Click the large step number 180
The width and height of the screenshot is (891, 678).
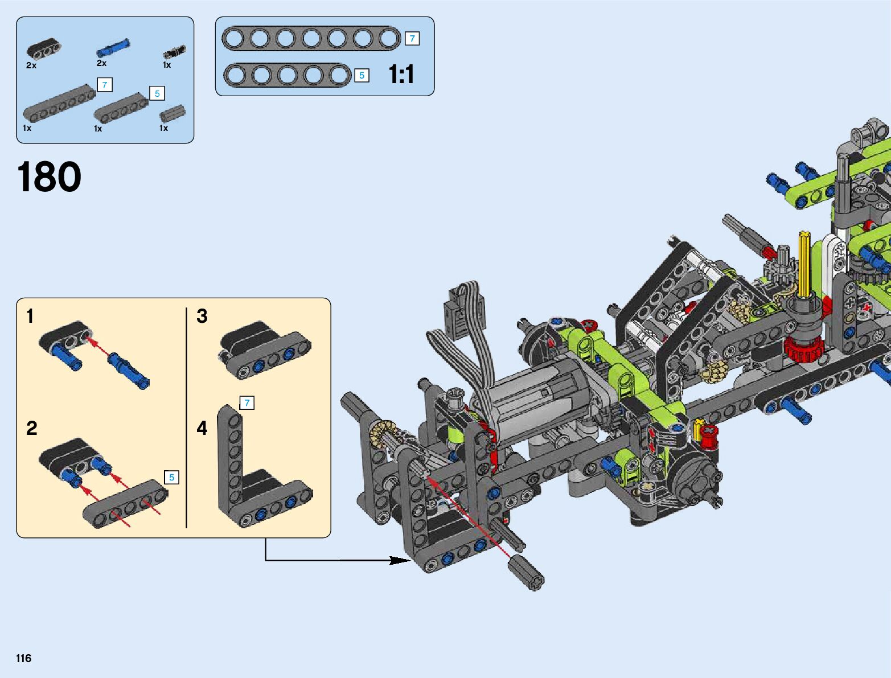pyautogui.click(x=49, y=177)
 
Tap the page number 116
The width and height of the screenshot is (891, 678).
pyautogui.click(x=23, y=658)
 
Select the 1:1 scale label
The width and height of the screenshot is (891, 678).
pyautogui.click(x=401, y=75)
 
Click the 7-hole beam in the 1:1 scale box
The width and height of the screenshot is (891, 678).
pyautogui.click(x=311, y=39)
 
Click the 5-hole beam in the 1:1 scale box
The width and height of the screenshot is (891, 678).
pyautogui.click(x=288, y=75)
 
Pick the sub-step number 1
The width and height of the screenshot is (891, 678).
pyautogui.click(x=30, y=316)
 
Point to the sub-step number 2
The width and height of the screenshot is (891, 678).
pyautogui.click(x=32, y=428)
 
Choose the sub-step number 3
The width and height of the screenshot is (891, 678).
pyautogui.click(x=202, y=316)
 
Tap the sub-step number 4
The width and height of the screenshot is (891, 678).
pyautogui.click(x=202, y=428)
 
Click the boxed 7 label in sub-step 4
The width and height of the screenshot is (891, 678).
pyautogui.click(x=247, y=403)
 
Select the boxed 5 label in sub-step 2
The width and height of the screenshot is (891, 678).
pyautogui.click(x=171, y=477)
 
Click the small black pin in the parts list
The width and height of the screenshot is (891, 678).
pyautogui.click(x=174, y=52)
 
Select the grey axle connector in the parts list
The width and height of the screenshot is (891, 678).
pyautogui.click(x=172, y=114)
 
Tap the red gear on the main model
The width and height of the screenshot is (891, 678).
pyautogui.click(x=803, y=348)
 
